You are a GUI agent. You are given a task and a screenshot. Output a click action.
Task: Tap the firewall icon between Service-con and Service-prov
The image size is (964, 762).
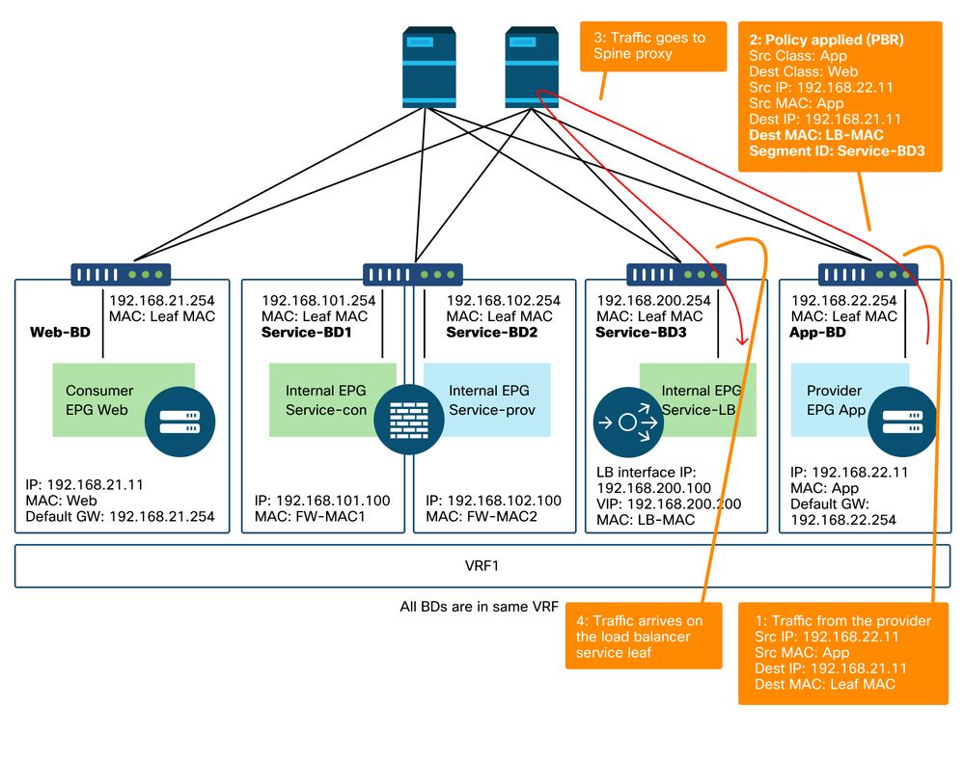[x=399, y=414]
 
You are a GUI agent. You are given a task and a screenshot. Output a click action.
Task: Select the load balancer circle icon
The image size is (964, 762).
[x=625, y=422]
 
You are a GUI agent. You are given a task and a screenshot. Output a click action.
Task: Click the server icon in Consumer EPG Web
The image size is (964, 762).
[x=180, y=421]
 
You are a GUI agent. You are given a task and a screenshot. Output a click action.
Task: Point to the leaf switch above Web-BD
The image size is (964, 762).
[x=122, y=274]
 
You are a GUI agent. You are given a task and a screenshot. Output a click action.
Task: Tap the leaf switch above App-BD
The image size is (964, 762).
[x=868, y=274]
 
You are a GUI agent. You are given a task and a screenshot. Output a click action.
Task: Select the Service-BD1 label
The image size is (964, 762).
[x=305, y=332]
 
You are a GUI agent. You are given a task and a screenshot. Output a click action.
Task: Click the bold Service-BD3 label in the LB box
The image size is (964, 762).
[x=640, y=332]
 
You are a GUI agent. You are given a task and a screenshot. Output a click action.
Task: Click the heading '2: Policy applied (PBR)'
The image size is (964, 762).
[x=826, y=41]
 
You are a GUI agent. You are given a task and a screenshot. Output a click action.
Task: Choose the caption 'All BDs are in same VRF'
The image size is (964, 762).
[x=479, y=608]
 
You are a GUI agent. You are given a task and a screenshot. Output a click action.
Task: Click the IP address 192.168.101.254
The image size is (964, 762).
[x=318, y=300]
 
